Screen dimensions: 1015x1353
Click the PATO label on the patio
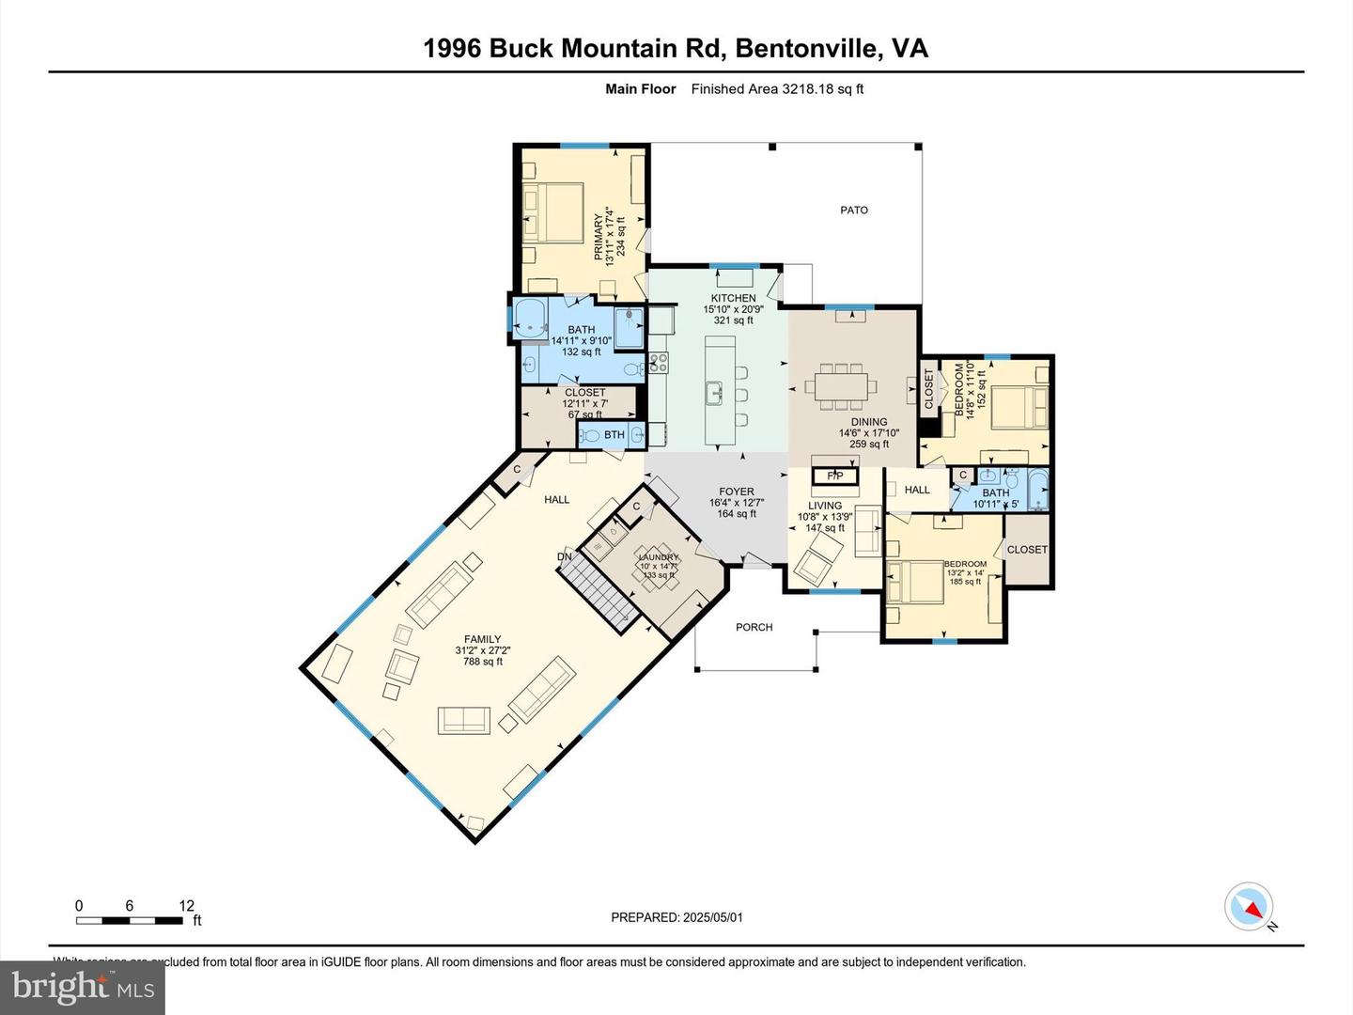tap(853, 210)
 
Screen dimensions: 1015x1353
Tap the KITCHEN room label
tap(733, 298)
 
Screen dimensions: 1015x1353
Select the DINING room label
tap(869, 422)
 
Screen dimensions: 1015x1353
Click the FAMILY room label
tap(482, 639)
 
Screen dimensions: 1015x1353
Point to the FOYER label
tap(737, 492)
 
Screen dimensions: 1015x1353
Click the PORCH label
tap(754, 627)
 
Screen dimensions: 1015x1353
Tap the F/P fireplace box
tap(835, 476)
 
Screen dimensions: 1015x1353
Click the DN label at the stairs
tap(565, 556)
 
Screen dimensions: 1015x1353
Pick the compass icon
tap(1249, 907)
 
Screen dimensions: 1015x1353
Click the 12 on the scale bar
tap(187, 906)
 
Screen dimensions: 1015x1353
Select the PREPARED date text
tap(676, 917)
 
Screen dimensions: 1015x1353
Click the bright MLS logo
tap(83, 988)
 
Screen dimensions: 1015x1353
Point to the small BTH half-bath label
tap(614, 434)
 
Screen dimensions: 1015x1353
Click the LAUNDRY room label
tap(658, 557)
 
